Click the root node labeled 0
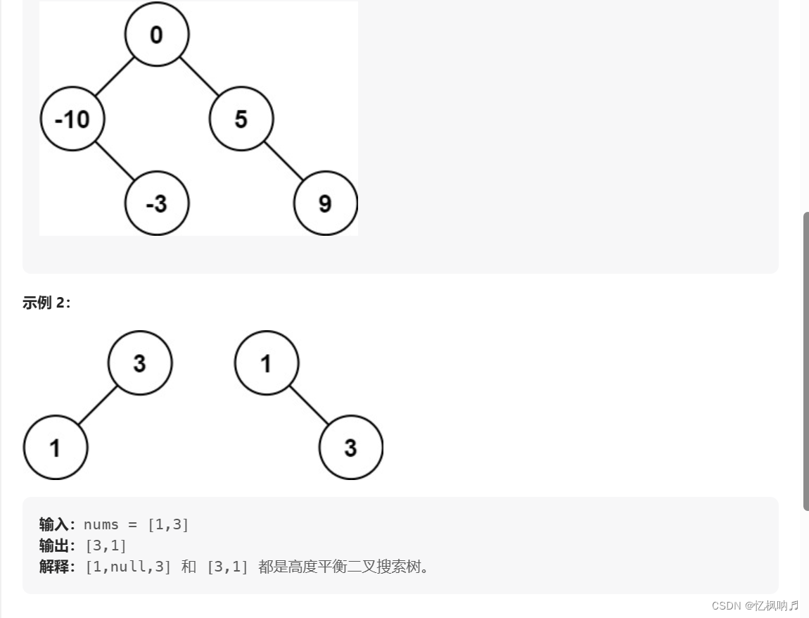[156, 34]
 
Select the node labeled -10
[72, 119]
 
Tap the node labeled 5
[241, 119]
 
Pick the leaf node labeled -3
[156, 203]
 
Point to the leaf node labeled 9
[325, 203]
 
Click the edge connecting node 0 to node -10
[114, 77]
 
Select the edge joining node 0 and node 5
[199, 77]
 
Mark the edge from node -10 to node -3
[114, 161]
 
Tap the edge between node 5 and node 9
[283, 161]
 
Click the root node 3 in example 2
[139, 363]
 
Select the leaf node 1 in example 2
[55, 448]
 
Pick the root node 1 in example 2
[266, 363]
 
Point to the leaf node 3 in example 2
[350, 448]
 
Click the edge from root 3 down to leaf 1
[97, 405]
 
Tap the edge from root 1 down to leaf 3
[308, 405]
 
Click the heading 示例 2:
[46, 303]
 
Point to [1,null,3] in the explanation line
[128, 567]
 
